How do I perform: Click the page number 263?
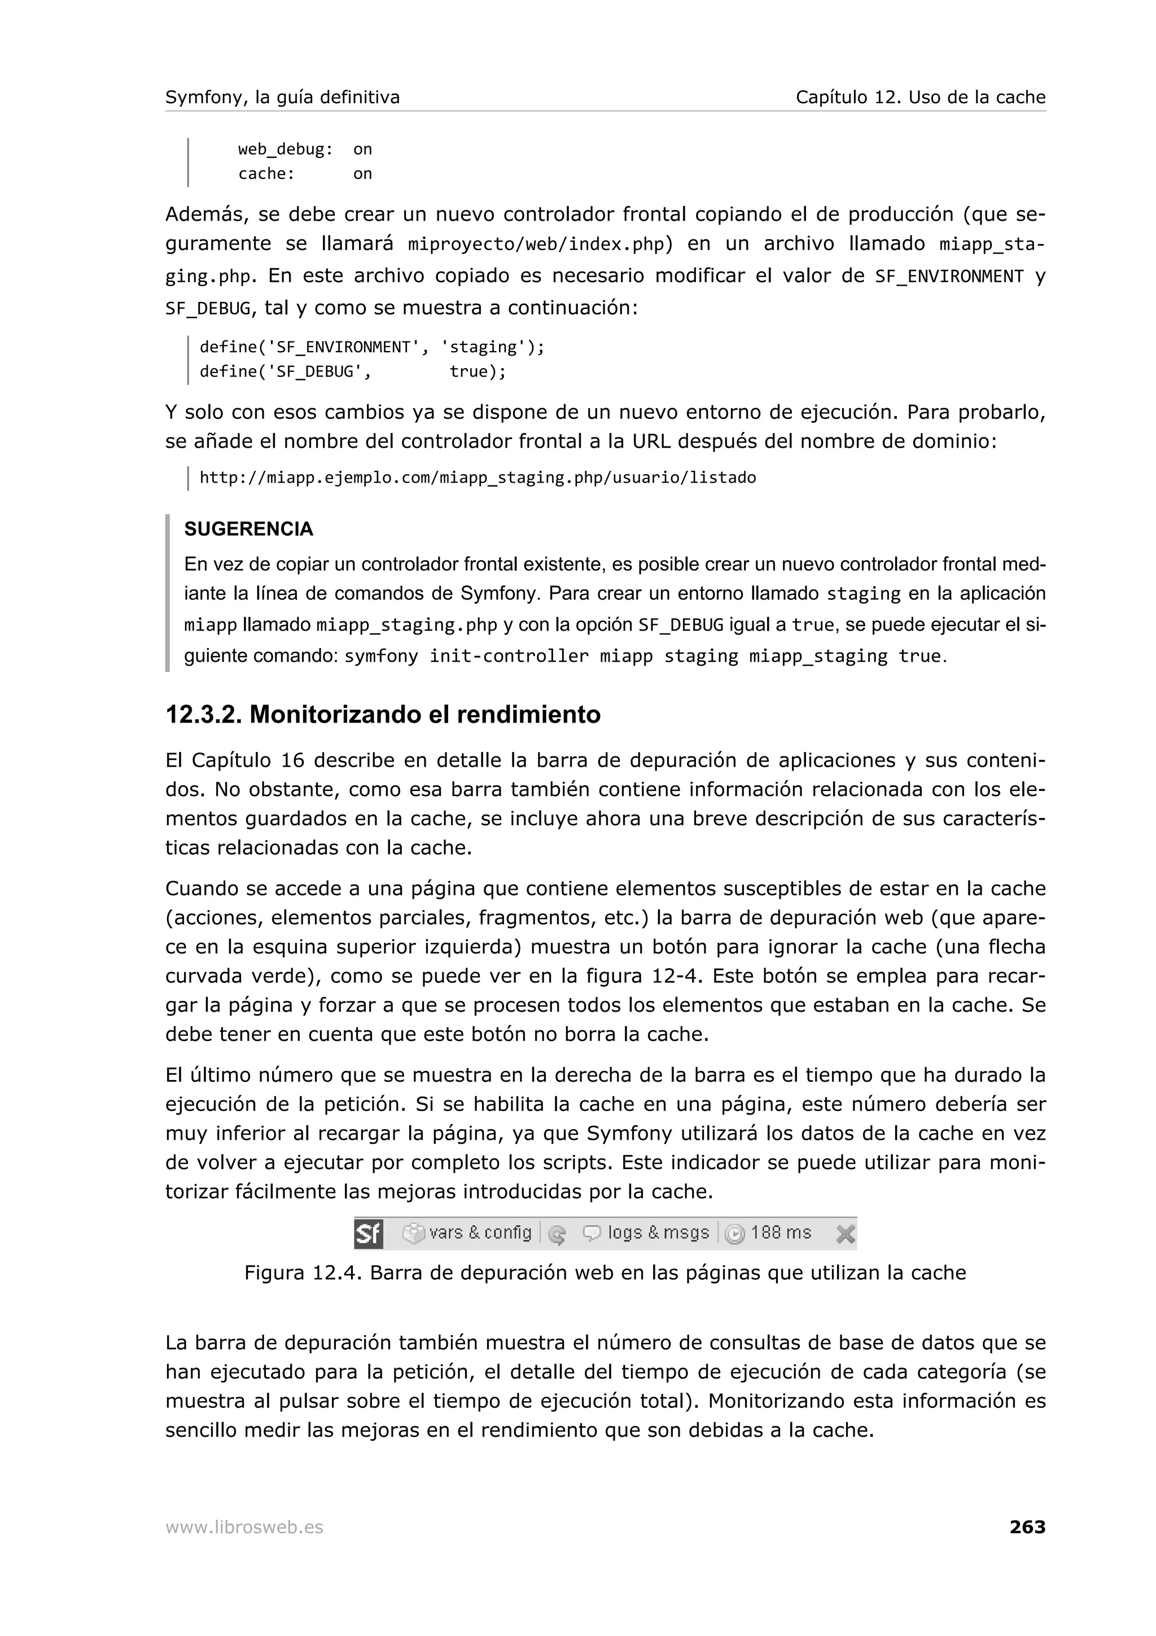click(x=1027, y=1527)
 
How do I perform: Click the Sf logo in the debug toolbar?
click(x=368, y=1233)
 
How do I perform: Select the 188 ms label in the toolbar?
click(x=781, y=1233)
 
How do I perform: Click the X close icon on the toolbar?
click(x=845, y=1233)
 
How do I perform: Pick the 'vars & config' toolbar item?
click(x=479, y=1233)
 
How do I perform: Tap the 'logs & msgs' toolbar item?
click(x=658, y=1233)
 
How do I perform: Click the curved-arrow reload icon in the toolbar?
click(x=557, y=1234)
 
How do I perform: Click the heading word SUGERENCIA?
click(x=248, y=530)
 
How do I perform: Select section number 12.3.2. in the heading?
click(x=203, y=715)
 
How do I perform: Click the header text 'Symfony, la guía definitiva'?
click(x=282, y=98)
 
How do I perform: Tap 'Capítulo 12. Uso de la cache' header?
click(x=920, y=98)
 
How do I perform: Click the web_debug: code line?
click(x=285, y=150)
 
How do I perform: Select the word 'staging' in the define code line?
click(x=483, y=348)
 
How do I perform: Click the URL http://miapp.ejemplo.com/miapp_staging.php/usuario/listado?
click(x=477, y=478)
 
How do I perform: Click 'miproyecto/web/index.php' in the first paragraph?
click(x=536, y=245)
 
